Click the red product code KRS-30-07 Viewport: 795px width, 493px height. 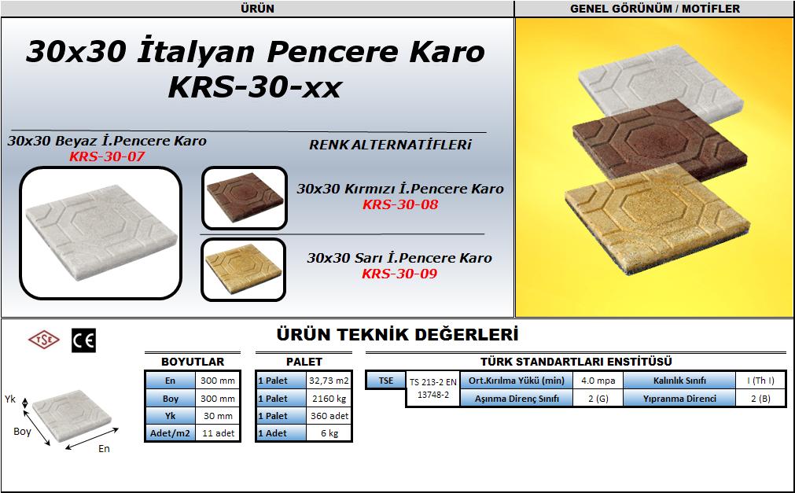click(107, 156)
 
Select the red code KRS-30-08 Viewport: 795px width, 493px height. click(400, 204)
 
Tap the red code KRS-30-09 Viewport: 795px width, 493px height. click(399, 274)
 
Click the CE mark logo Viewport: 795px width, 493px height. click(83, 340)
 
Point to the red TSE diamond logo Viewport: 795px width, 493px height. click(43, 340)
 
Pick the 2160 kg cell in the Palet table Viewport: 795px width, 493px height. click(329, 399)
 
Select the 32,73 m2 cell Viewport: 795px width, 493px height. click(329, 381)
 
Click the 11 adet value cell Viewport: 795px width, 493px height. click(218, 433)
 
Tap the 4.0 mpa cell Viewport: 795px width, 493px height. click(598, 381)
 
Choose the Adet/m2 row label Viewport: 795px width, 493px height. click(170, 433)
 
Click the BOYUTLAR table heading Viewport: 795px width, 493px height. click(193, 362)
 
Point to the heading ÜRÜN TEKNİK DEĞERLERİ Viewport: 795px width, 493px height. click(398, 335)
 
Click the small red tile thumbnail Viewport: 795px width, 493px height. click(245, 197)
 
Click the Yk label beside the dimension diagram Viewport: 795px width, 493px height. click(10, 399)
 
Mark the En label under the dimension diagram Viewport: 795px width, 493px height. click(104, 448)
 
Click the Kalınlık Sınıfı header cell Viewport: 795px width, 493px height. click(679, 381)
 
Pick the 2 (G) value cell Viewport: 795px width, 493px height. click(598, 399)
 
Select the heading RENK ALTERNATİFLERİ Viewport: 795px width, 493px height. click(390, 145)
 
